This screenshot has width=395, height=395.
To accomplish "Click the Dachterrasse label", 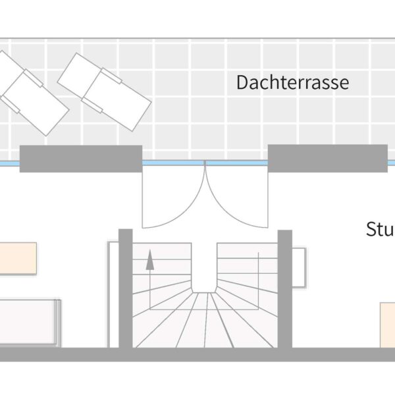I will (292, 83).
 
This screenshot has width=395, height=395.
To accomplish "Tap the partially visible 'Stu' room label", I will (380, 230).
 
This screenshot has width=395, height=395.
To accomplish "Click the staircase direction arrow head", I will (150, 259).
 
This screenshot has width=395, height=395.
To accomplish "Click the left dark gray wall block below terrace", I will (81, 159).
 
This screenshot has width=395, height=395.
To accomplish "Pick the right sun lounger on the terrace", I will (105, 90).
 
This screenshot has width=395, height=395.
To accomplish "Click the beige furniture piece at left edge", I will (17, 258).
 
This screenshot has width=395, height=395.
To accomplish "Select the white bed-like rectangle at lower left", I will (29, 321).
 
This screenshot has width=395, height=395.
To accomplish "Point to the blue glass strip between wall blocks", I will (205, 163).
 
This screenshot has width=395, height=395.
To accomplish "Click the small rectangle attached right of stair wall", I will (299, 267).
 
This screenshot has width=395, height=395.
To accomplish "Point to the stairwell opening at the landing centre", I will (205, 267).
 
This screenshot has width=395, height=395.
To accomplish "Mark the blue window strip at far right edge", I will (391, 163).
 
